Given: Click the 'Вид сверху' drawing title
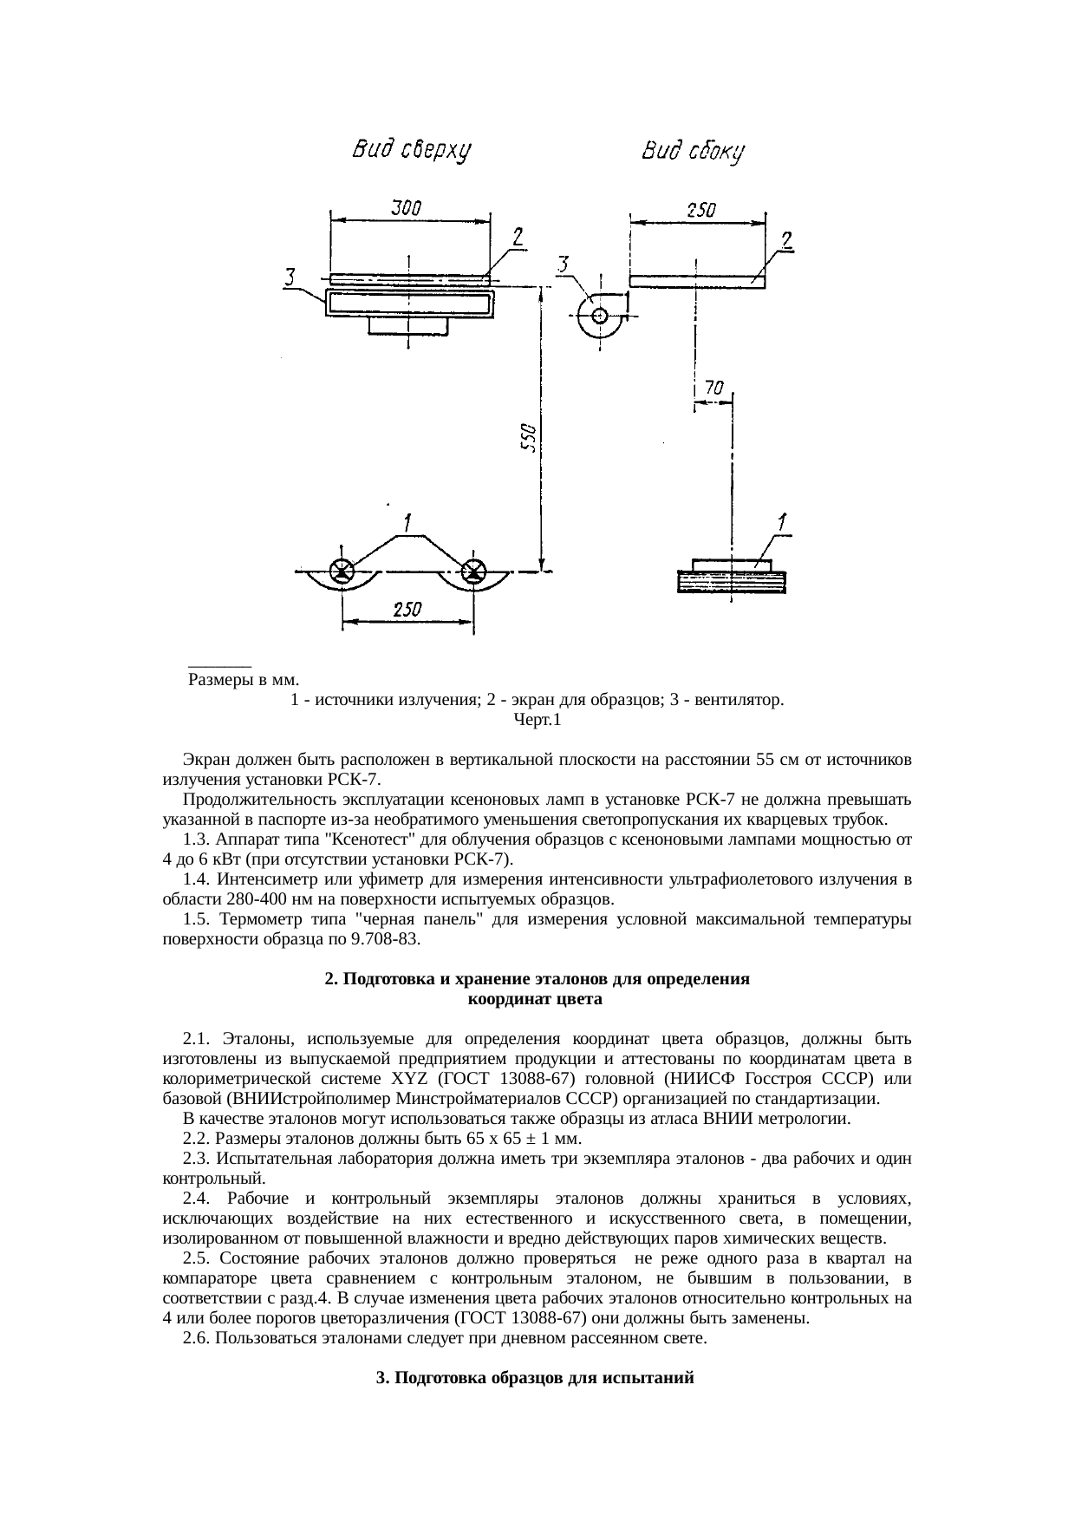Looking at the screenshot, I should pyautogui.click(x=410, y=151).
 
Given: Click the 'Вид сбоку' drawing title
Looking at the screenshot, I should pyautogui.click(x=694, y=152).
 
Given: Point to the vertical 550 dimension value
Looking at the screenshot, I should pyautogui.click(x=528, y=438).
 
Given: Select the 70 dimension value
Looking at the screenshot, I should pyautogui.click(x=713, y=389).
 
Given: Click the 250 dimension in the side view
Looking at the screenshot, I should pyautogui.click(x=701, y=209).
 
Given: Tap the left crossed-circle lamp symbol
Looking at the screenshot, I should pyautogui.click(x=342, y=571).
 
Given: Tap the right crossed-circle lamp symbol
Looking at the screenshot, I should pyautogui.click(x=474, y=571).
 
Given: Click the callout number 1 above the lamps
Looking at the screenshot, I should pyautogui.click(x=406, y=523).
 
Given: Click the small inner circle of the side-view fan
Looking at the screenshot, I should pyautogui.click(x=599, y=315).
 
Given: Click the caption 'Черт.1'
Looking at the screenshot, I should pyautogui.click(x=537, y=719).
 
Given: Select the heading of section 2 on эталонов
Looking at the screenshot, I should pyautogui.click(x=537, y=989).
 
